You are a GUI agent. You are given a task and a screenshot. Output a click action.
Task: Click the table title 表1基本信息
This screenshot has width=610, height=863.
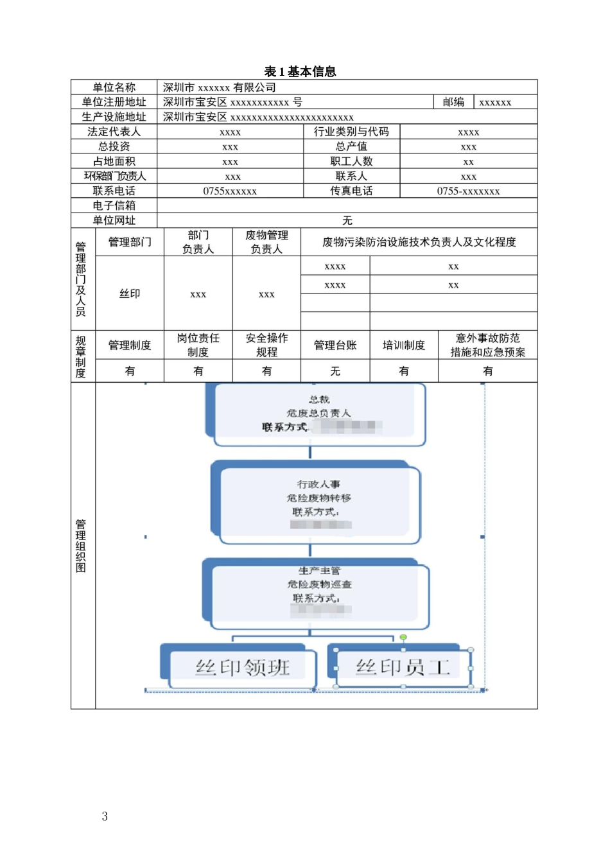pyautogui.click(x=300, y=71)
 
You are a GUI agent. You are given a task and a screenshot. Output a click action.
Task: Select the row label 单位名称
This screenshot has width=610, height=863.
pyautogui.click(x=114, y=87)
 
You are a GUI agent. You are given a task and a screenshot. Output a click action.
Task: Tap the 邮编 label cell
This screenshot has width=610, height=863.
pyautogui.click(x=453, y=102)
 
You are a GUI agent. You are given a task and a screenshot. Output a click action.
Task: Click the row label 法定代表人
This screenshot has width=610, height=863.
pyautogui.click(x=114, y=132)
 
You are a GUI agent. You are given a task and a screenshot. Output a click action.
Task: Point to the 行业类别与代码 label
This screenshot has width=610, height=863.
pyautogui.click(x=351, y=132)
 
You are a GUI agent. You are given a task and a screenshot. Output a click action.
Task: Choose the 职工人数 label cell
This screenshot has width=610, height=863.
pyautogui.click(x=351, y=161)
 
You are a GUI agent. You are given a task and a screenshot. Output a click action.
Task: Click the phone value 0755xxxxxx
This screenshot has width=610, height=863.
pyautogui.click(x=230, y=191)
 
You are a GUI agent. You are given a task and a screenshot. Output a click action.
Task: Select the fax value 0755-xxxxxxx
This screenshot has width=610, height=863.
pyautogui.click(x=468, y=191)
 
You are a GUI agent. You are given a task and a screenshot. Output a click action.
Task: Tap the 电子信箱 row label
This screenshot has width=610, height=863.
pyautogui.click(x=114, y=205)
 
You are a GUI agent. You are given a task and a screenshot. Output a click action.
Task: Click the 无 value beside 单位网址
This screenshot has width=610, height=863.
pyautogui.click(x=347, y=220)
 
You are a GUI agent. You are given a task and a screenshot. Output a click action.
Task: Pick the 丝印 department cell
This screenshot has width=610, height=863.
pyautogui.click(x=130, y=293)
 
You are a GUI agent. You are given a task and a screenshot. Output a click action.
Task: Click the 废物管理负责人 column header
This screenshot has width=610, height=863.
pyautogui.click(x=266, y=242)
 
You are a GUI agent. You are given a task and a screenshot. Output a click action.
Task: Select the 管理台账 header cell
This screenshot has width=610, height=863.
pyautogui.click(x=335, y=345)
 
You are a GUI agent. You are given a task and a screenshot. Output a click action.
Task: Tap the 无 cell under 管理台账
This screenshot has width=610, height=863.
pyautogui.click(x=335, y=371)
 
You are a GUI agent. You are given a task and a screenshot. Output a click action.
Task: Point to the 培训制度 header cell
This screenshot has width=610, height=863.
pyautogui.click(x=404, y=345)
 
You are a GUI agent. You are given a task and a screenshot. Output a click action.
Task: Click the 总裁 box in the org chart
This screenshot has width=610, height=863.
pyautogui.click(x=319, y=414)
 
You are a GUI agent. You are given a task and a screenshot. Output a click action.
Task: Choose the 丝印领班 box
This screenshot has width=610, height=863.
pyautogui.click(x=243, y=668)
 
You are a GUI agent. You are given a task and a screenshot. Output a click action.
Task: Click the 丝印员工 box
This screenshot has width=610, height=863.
pyautogui.click(x=403, y=668)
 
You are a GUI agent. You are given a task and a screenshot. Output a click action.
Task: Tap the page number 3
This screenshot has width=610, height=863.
pyautogui.click(x=105, y=816)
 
